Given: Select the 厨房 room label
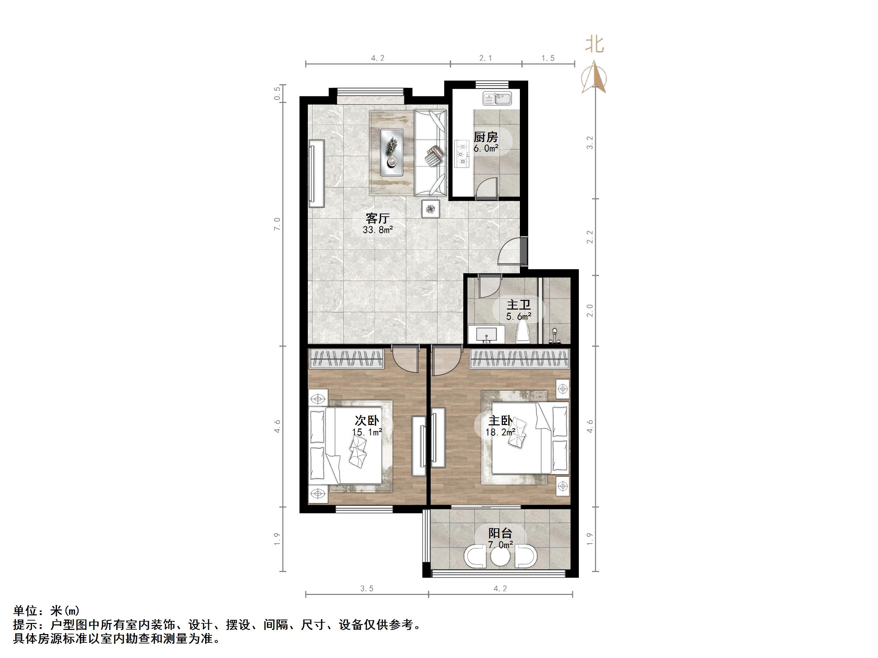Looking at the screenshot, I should (x=486, y=137).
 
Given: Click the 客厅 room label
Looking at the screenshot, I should (x=378, y=218).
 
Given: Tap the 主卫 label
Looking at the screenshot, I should (x=518, y=305).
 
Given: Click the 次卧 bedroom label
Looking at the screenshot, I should (x=367, y=420).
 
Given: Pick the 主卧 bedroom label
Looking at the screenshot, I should (x=500, y=421).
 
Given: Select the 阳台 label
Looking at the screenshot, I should (x=500, y=534).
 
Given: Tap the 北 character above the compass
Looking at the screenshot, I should (x=594, y=44).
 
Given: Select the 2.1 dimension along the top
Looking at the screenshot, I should (x=486, y=58).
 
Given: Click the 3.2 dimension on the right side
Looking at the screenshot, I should (x=590, y=143).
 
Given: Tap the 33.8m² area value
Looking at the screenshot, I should (x=378, y=230).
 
